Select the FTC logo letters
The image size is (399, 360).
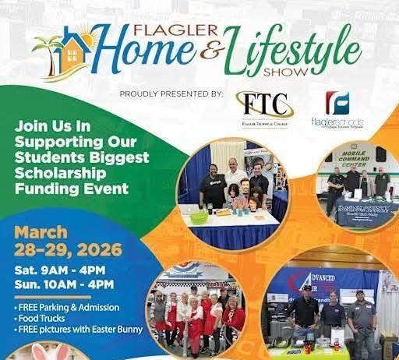coord(262,104)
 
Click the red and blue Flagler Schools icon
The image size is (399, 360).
coord(337,103)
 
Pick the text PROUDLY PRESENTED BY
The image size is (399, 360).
coord(171,94)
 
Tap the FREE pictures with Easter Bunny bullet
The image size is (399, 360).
coord(78,329)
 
